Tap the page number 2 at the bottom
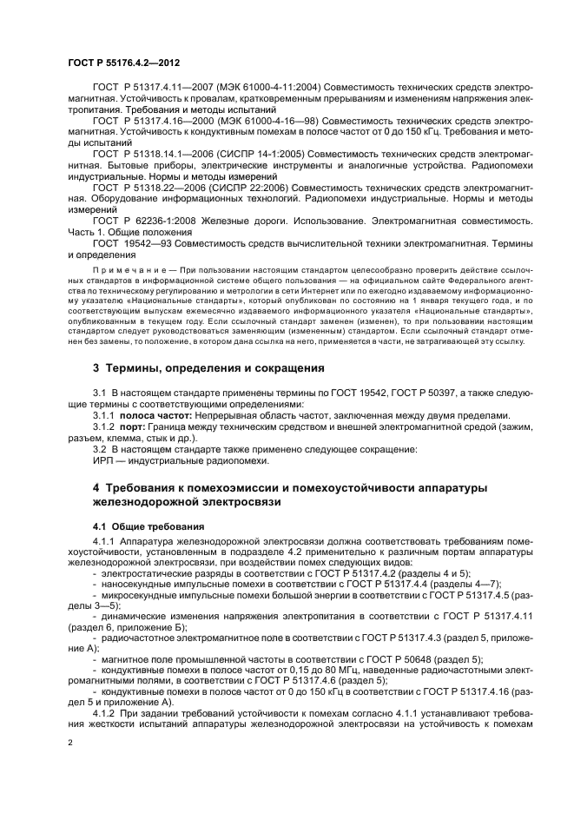(x=71, y=742)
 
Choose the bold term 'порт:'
(x=137, y=427)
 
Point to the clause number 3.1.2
(x=104, y=427)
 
